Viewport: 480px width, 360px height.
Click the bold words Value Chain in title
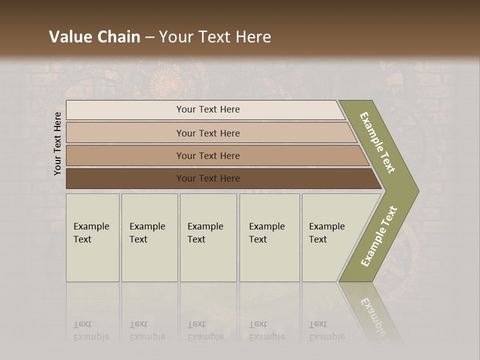click(x=94, y=37)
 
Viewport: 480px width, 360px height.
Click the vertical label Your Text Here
click(x=57, y=143)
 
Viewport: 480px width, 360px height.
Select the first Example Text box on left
click(x=92, y=237)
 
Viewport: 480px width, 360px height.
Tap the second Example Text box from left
click(x=149, y=237)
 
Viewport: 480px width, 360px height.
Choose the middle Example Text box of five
click(x=208, y=237)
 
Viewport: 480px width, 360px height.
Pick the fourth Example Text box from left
click(x=269, y=237)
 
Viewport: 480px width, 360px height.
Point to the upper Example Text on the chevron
click(x=377, y=142)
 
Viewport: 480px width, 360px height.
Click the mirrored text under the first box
click(x=91, y=330)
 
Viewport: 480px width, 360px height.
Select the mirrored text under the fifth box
click(x=326, y=330)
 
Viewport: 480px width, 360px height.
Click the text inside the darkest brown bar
click(x=208, y=178)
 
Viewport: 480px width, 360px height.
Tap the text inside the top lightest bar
click(x=208, y=109)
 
